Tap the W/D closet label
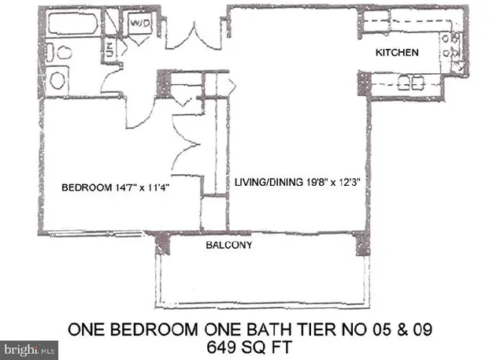tap(140, 24)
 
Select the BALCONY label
tap(228, 245)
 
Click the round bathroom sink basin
tap(57, 79)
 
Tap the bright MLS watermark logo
tap(30, 347)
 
